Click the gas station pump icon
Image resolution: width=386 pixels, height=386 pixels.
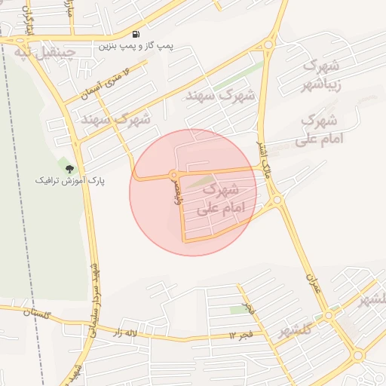pos(135,34)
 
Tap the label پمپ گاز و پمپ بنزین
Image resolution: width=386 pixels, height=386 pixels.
pos(135,46)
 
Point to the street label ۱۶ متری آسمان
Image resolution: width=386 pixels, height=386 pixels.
pos(106,82)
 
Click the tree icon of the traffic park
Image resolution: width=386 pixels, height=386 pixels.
pos(69,169)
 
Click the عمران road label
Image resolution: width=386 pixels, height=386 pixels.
pos(313,286)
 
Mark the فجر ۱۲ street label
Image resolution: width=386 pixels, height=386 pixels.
pos(243,334)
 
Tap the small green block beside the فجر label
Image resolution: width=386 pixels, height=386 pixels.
pos(239,310)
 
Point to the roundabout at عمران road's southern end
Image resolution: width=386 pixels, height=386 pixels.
pos(329,316)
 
